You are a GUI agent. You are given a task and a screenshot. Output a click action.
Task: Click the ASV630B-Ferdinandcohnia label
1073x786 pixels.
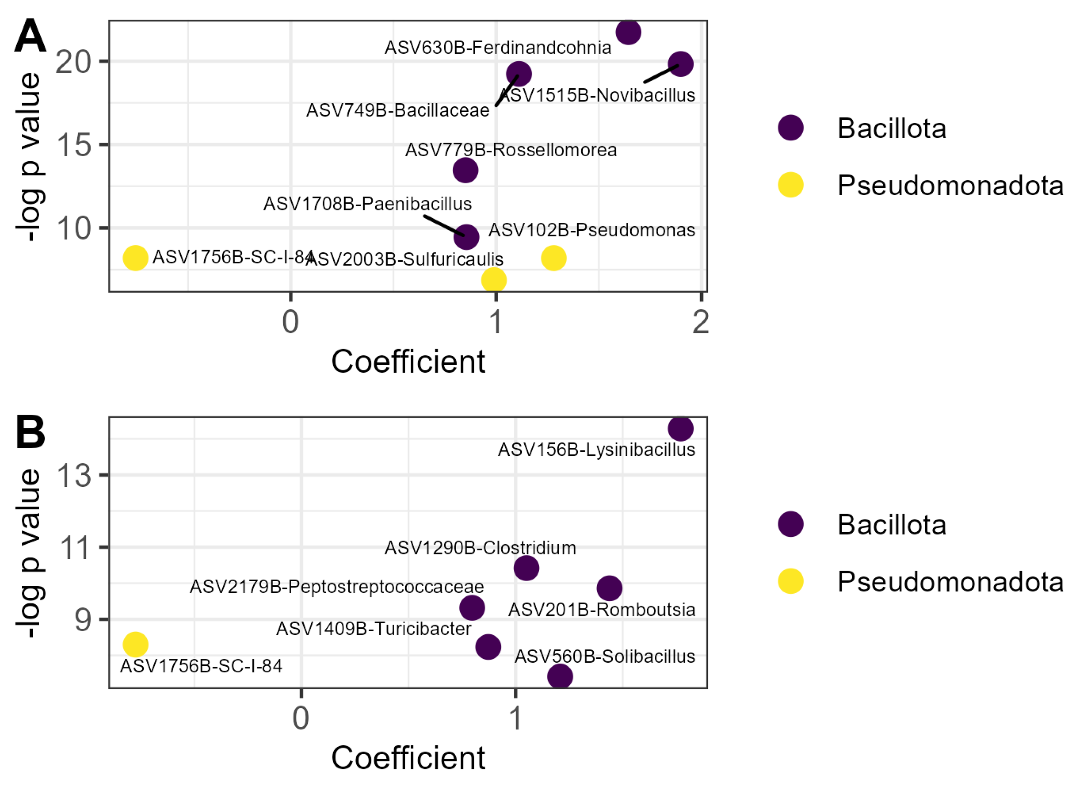pos(497,48)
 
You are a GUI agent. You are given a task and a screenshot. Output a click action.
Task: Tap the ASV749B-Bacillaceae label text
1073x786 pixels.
pos(397,111)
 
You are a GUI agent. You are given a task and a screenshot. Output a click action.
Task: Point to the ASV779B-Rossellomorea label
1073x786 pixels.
pos(511,150)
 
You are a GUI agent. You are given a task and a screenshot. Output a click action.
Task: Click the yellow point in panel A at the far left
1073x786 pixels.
pos(135,258)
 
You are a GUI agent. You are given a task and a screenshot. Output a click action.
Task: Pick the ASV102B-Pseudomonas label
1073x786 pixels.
pos(591,230)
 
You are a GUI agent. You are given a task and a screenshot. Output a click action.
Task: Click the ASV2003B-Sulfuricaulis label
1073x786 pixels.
pos(405,259)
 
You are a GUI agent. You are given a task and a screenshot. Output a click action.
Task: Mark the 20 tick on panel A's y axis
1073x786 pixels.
pos(73,61)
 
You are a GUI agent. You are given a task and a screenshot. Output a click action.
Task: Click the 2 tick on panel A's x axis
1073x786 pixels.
pos(701,322)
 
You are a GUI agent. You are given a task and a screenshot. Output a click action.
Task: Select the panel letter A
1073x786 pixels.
pos(30,37)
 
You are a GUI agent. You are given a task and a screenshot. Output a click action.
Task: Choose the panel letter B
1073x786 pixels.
pos(30,431)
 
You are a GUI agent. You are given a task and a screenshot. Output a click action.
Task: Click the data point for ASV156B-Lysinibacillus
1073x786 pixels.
pos(680,428)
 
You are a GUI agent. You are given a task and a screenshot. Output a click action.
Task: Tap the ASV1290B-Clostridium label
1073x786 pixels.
pos(480,547)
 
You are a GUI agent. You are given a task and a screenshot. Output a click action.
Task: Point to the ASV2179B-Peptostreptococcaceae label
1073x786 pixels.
pos(336,587)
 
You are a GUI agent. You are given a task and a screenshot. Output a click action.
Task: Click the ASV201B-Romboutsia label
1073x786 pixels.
pos(601,609)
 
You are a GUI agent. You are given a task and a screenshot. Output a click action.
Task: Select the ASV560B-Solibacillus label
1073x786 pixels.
pos(605,656)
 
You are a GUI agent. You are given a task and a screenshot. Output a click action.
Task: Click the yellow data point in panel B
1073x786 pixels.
pos(135,644)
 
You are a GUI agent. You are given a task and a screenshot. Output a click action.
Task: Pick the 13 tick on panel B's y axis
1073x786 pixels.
pos(73,475)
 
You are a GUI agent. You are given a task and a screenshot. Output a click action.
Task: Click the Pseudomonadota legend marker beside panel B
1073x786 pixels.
pos(790,582)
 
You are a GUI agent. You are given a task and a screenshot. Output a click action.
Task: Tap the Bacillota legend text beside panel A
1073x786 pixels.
pos(891,129)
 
